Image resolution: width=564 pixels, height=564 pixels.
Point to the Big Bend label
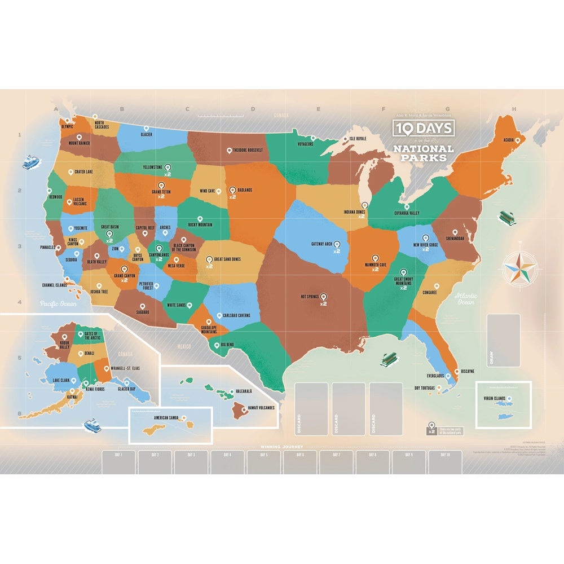coord(227,343)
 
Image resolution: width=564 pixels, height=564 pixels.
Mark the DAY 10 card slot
coord(444,462)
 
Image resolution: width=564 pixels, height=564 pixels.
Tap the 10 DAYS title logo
coord(424,128)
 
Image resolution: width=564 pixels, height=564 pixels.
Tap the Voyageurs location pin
coord(313,138)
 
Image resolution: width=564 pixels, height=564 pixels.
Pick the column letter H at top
coord(513,109)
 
